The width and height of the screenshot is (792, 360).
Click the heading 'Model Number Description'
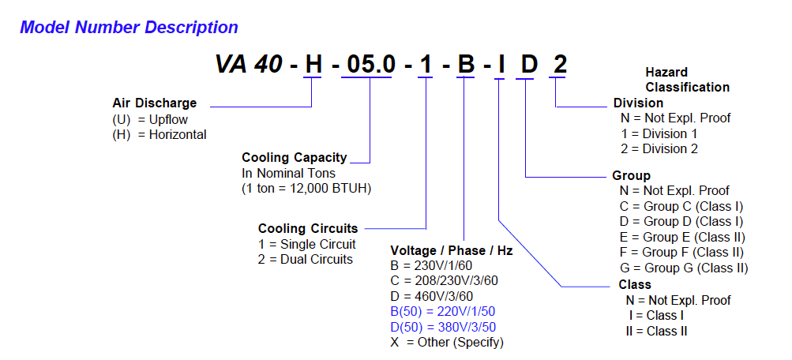129,28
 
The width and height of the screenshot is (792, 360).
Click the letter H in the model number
313,65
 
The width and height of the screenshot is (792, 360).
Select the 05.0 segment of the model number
371,65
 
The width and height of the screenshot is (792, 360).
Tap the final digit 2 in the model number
559,65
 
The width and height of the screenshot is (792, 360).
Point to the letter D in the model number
527,65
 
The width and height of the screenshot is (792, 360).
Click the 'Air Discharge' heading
155,103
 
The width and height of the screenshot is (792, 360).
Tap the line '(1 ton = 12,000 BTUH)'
306,189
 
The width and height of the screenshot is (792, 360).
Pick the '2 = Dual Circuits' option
305,259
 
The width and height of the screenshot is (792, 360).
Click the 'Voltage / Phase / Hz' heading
451,251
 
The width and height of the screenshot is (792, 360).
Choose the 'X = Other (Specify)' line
447,342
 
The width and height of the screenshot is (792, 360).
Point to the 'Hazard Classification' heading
687,80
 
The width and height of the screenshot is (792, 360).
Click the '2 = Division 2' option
659,148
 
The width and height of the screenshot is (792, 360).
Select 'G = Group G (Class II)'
684,268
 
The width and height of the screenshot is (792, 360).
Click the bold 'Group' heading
631,175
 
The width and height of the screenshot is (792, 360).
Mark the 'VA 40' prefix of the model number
249,65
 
